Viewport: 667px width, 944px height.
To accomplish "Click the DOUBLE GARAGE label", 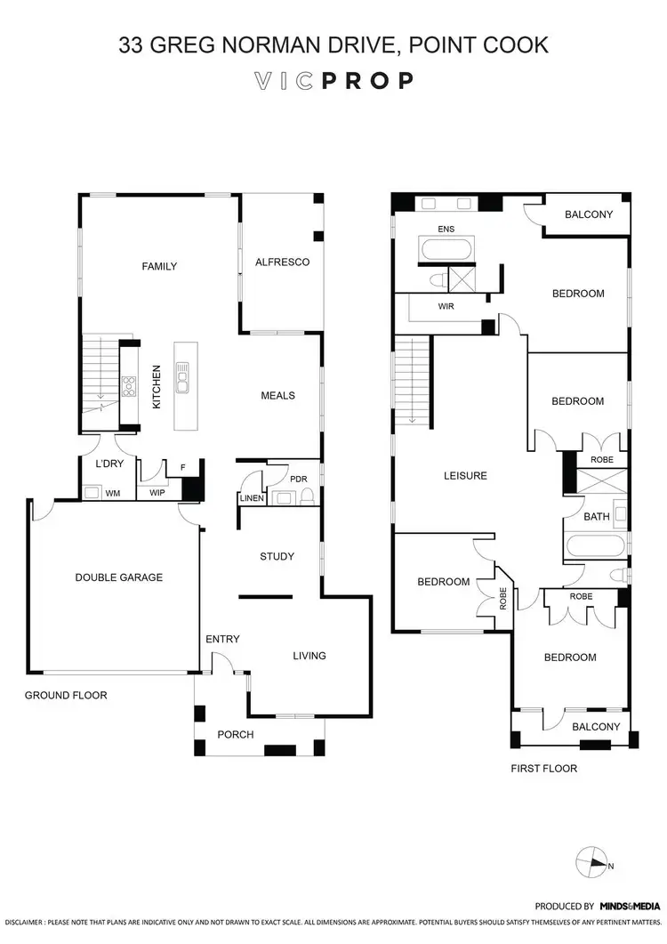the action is point(118,577).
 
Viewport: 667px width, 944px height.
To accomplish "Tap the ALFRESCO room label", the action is point(282,262).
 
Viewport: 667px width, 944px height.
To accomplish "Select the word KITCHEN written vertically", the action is point(157,386).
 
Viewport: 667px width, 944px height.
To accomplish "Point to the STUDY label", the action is point(277,557).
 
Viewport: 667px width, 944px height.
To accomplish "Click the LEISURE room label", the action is point(465,476).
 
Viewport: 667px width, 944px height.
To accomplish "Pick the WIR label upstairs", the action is point(446,306).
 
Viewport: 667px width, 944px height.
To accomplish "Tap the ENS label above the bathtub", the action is point(446,230).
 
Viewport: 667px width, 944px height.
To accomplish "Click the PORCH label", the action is point(236,735).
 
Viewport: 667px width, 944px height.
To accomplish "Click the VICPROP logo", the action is point(333,81).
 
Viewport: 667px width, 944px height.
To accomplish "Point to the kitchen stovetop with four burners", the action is point(128,386).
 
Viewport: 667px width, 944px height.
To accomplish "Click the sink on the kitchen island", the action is point(182,378).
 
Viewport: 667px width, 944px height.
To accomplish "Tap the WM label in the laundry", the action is point(113,492).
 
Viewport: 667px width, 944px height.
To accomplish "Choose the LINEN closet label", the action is point(251,498).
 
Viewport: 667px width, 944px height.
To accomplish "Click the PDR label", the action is point(299,480).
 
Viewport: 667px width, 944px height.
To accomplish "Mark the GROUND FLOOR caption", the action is point(66,695).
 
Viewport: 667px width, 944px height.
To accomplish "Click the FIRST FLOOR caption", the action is point(543,768).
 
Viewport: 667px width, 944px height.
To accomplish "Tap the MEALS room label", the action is point(277,396).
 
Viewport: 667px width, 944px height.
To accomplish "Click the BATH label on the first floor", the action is point(595,517).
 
